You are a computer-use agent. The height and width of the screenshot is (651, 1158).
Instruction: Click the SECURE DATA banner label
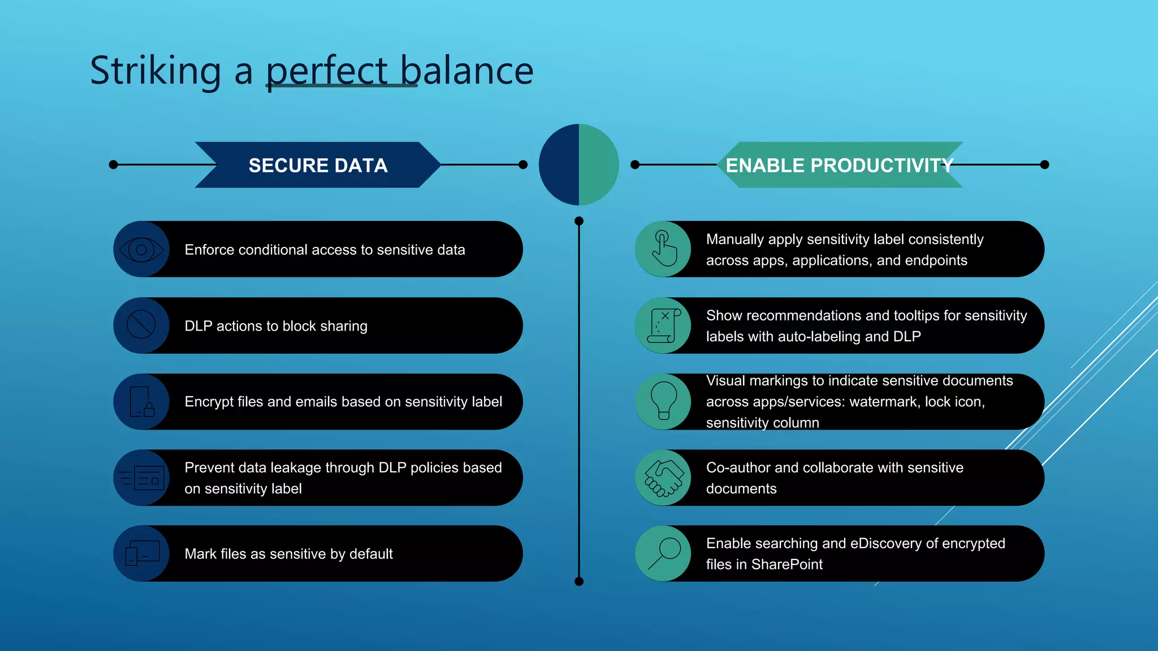[318, 165]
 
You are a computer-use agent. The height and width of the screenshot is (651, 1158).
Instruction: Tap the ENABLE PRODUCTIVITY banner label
[839, 165]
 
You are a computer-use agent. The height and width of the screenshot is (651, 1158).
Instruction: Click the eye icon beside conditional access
[141, 249]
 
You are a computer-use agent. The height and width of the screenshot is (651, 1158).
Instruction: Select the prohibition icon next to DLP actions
[141, 325]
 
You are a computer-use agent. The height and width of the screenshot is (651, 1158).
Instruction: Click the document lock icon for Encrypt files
[141, 401]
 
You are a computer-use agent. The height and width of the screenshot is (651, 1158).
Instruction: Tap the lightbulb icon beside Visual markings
[663, 400]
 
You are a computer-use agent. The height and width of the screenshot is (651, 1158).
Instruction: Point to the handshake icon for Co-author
[663, 478]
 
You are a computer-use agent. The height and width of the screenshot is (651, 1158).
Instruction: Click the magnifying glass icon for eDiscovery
[663, 553]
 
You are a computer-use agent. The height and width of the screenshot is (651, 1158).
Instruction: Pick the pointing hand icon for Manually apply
[663, 249]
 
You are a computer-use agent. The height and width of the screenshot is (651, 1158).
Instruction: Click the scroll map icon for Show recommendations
[663, 325]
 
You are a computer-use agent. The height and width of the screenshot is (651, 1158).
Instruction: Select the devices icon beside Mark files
[141, 553]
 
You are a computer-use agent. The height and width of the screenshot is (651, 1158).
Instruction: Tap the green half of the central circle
[598, 164]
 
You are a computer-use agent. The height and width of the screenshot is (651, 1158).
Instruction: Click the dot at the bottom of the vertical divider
[578, 581]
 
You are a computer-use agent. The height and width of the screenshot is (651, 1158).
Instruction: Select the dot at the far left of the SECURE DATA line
[113, 164]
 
